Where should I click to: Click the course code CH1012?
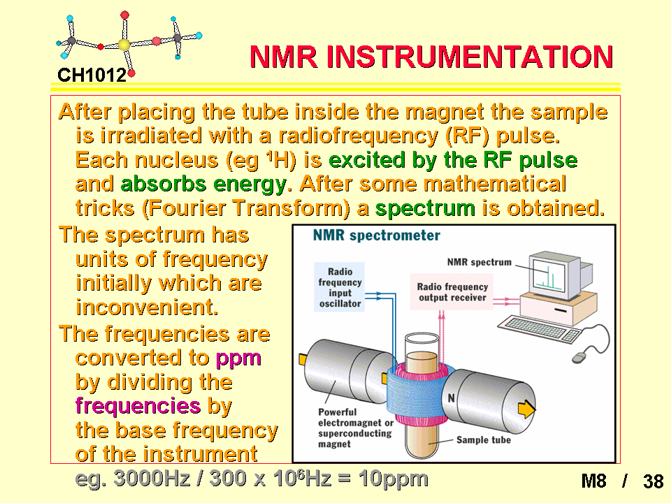92,75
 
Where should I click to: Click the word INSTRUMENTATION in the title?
470,57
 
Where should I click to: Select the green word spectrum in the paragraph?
426,209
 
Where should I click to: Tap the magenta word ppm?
238,358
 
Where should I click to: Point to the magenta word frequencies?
138,405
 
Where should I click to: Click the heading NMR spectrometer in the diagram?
377,235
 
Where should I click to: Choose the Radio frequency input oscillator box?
340,287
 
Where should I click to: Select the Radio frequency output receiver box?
452,292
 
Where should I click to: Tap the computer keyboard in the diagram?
539,329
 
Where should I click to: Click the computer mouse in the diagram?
579,357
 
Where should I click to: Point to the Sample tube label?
484,440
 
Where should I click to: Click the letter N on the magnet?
451,398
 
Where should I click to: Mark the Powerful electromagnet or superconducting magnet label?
356,428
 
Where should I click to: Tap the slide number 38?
653,481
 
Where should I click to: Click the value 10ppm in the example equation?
394,479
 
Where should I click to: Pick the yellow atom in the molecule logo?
124,45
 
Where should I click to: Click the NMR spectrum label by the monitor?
479,262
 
